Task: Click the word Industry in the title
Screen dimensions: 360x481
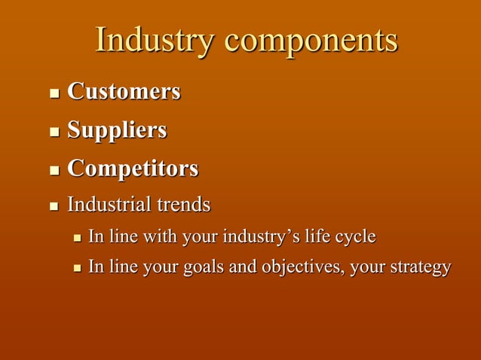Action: pyautogui.click(x=153, y=41)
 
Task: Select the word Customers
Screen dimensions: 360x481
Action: pyautogui.click(x=124, y=92)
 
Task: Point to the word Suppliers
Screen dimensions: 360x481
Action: pyautogui.click(x=117, y=131)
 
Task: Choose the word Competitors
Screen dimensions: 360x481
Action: pyautogui.click(x=133, y=168)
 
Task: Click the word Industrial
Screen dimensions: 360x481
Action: pyautogui.click(x=109, y=204)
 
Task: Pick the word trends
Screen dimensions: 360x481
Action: pyautogui.click(x=183, y=204)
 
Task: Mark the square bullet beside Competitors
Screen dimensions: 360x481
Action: pyautogui.click(x=54, y=170)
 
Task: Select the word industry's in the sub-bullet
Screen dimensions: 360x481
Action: pyautogui.click(x=262, y=237)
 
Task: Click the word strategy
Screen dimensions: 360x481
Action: pyautogui.click(x=419, y=268)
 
